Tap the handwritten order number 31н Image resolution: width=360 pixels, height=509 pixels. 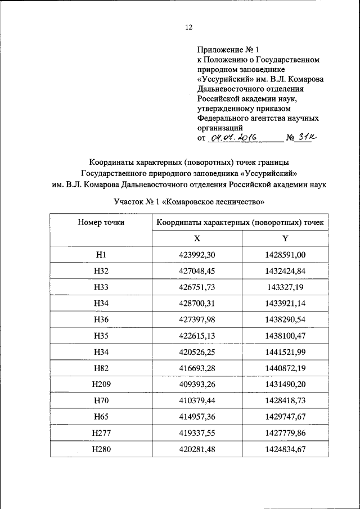(x=307, y=137)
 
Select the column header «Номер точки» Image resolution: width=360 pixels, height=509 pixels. (x=101, y=222)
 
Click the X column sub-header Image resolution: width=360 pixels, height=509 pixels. (x=197, y=238)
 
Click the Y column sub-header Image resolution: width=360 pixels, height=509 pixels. (x=285, y=238)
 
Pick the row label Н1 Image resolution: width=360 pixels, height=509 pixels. (x=101, y=255)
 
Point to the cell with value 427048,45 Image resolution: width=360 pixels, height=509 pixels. (x=197, y=271)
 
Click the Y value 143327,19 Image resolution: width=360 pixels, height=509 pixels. (x=285, y=287)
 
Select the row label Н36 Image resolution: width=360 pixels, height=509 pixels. (x=101, y=319)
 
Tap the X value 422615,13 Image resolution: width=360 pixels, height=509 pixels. (x=197, y=336)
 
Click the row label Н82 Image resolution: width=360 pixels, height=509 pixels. (x=101, y=368)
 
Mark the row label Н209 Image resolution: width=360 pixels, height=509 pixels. (x=101, y=384)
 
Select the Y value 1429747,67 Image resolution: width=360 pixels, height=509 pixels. (x=285, y=416)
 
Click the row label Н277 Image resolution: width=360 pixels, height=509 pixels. (x=101, y=433)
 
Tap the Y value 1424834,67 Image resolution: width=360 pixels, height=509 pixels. (x=285, y=449)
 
